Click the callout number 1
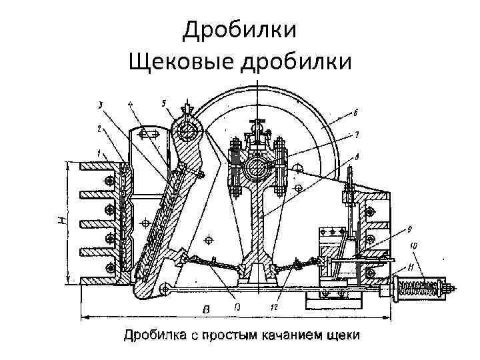[97, 153]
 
